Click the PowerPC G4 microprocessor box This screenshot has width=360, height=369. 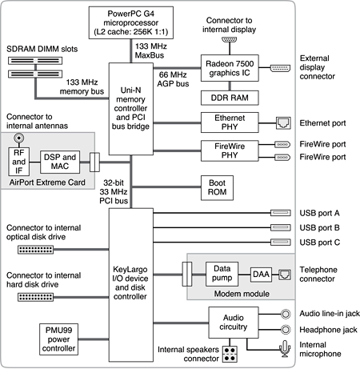point(131,22)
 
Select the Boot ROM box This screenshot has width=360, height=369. point(217,187)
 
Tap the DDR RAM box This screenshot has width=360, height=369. point(230,98)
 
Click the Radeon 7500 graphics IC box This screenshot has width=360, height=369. point(230,68)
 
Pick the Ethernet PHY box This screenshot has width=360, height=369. point(230,122)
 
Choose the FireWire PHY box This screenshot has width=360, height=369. point(230,150)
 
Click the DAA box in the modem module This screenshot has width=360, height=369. point(261,275)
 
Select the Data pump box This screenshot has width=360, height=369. point(222,274)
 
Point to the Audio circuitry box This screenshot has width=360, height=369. point(234,323)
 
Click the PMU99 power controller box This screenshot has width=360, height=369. point(58,339)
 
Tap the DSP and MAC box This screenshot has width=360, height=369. point(60,162)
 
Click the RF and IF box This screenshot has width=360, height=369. point(18,162)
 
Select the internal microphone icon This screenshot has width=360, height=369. point(285,348)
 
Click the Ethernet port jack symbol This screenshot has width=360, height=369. point(283,123)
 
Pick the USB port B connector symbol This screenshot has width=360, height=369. point(281,227)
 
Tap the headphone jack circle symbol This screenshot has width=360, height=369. point(286,330)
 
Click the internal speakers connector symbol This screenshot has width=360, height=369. point(230,354)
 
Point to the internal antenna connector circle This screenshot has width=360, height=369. point(19,138)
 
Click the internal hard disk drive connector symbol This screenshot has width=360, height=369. point(35,297)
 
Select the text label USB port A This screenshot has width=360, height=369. point(319,213)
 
